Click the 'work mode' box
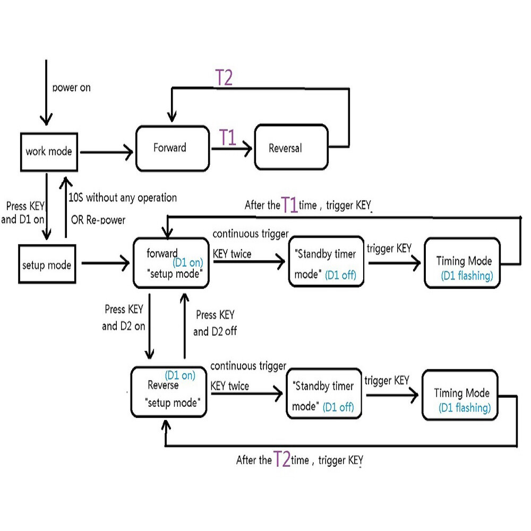[49, 152]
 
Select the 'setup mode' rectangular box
[47, 264]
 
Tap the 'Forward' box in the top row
[173, 148]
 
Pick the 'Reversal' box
[291, 147]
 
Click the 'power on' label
[72, 88]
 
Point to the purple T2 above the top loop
[224, 78]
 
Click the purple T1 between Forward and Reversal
[228, 138]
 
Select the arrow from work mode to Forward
[107, 152]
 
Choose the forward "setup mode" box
[172, 263]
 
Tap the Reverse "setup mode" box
[169, 392]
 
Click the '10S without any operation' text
[123, 198]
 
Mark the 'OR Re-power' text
[98, 220]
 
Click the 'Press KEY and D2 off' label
[215, 323]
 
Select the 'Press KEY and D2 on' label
[124, 318]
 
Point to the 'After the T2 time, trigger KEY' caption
[299, 459]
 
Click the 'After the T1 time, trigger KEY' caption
[308, 205]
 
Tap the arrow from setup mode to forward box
[106, 263]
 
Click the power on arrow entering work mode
[46, 92]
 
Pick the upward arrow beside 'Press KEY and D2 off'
[185, 326]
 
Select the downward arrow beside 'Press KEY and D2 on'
[149, 326]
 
